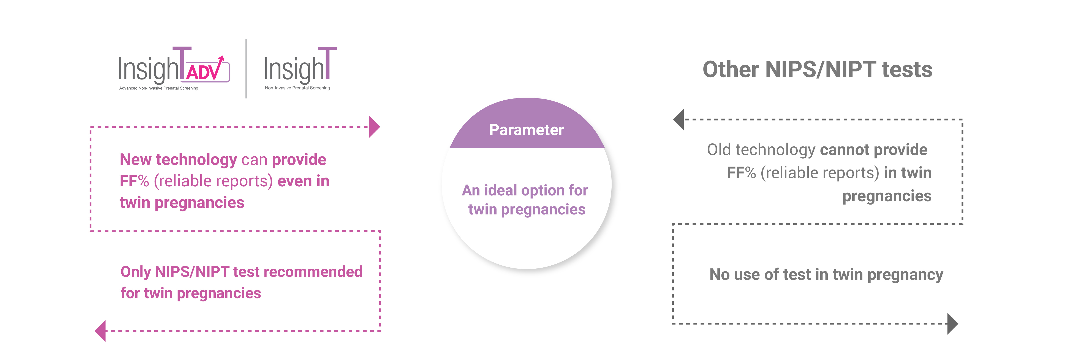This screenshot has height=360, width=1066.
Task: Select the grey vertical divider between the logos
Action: (246, 68)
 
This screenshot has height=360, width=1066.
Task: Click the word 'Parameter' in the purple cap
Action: (526, 130)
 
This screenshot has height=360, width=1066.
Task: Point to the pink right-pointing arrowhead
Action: (374, 127)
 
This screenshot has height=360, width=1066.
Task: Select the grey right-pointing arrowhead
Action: (953, 324)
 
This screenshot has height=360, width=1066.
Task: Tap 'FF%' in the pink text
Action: (134, 181)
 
